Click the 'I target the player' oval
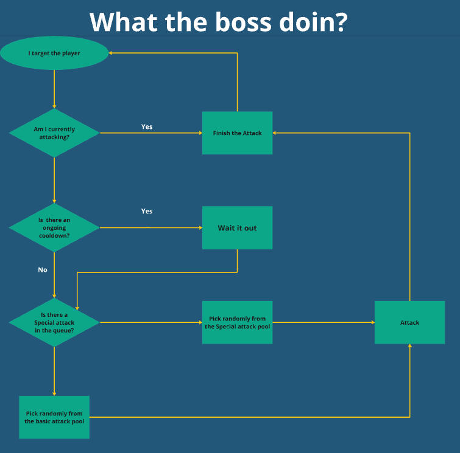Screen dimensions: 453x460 pyautogui.click(x=54, y=53)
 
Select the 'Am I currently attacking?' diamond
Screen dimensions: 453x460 pyautogui.click(x=54, y=133)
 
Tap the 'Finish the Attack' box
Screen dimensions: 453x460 pyautogui.click(x=237, y=133)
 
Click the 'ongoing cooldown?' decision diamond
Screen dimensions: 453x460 pyautogui.click(x=54, y=227)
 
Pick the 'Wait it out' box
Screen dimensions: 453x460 pyautogui.click(x=237, y=227)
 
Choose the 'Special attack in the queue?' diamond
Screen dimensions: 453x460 pyautogui.click(x=54, y=322)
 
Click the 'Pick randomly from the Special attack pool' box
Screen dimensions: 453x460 pyautogui.click(x=237, y=322)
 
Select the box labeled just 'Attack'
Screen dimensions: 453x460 pyautogui.click(x=409, y=322)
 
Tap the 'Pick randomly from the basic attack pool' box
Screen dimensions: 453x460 pyautogui.click(x=54, y=417)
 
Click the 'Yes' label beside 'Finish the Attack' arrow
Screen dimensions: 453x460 pyautogui.click(x=147, y=126)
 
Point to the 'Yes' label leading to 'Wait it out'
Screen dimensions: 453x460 pyautogui.click(x=147, y=211)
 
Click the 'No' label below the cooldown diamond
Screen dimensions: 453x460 pyautogui.click(x=43, y=269)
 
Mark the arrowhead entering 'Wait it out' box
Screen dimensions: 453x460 pyautogui.click(x=199, y=228)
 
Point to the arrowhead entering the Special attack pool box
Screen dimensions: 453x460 pyautogui.click(x=199, y=322)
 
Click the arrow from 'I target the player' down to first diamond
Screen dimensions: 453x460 pyautogui.click(x=54, y=88)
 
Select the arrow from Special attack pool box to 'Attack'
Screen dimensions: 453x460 pyautogui.click(x=323, y=322)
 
